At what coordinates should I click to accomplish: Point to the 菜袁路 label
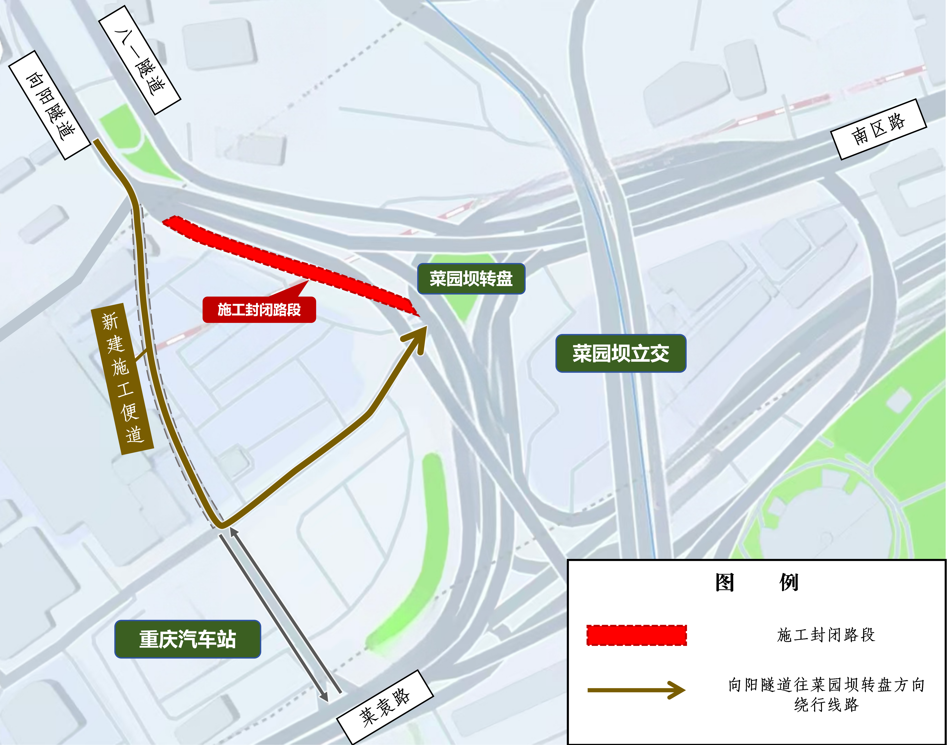(x=385, y=707)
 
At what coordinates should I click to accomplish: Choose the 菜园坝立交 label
(x=620, y=353)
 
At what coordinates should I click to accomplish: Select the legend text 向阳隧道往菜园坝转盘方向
(x=826, y=685)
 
